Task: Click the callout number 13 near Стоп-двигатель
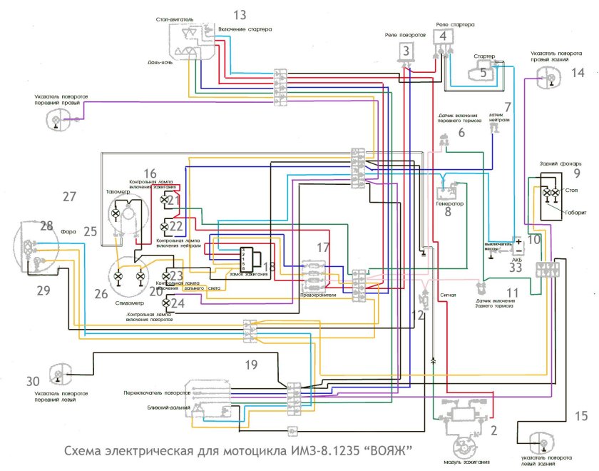[x=240, y=14]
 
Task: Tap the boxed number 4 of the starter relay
[x=444, y=36]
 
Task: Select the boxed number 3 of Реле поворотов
[x=406, y=50]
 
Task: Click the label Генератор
[x=449, y=203]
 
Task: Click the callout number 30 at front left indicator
[x=34, y=380]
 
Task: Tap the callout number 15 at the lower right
[x=581, y=416]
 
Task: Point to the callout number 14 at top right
[x=578, y=72]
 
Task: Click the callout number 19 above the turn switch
[x=251, y=365]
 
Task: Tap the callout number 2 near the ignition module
[x=493, y=431]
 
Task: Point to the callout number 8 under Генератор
[x=448, y=212]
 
